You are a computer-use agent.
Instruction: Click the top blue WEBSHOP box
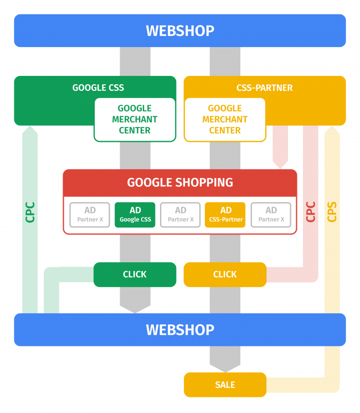[180, 30]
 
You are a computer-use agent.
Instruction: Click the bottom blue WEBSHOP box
[180, 330]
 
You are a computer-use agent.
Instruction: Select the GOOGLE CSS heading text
[98, 88]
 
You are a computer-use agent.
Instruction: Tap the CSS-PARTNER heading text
[265, 88]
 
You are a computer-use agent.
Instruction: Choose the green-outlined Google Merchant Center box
[135, 119]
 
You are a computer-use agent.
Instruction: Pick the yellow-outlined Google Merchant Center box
[225, 119]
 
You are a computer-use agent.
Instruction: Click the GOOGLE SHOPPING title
[180, 182]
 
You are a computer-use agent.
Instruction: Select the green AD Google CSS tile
[135, 215]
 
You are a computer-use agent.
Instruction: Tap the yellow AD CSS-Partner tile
[225, 215]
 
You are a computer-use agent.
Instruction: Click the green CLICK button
[135, 274]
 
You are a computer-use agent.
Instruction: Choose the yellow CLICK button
[225, 274]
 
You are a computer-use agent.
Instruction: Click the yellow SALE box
[225, 385]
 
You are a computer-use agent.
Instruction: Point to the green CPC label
[30, 212]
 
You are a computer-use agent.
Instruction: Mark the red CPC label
[311, 212]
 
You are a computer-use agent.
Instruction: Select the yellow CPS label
[332, 212]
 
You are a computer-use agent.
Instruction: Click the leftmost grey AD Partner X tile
[90, 215]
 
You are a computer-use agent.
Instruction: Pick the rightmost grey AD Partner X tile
[271, 215]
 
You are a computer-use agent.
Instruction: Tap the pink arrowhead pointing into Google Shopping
[280, 163]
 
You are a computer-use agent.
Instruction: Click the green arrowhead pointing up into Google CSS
[30, 131]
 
